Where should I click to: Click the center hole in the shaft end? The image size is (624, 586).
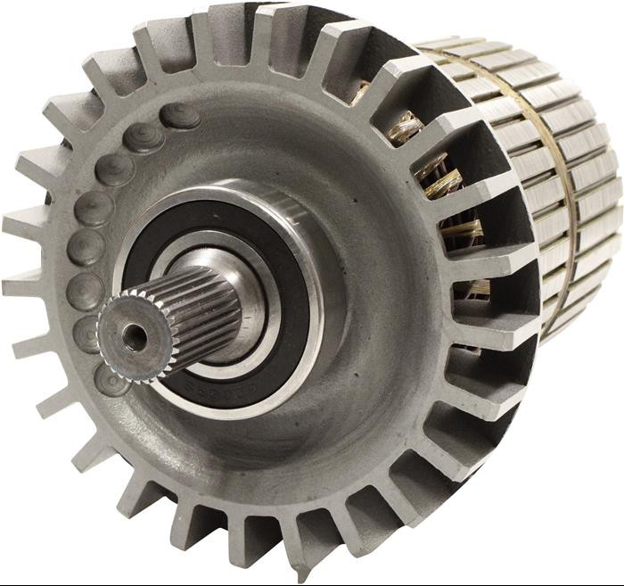pyautogui.click(x=135, y=336)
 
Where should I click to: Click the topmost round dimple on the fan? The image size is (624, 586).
pyautogui.click(x=181, y=115)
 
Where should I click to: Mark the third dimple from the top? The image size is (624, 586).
pyautogui.click(x=114, y=169)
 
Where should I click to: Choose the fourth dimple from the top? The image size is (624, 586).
pyautogui.click(x=94, y=207)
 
